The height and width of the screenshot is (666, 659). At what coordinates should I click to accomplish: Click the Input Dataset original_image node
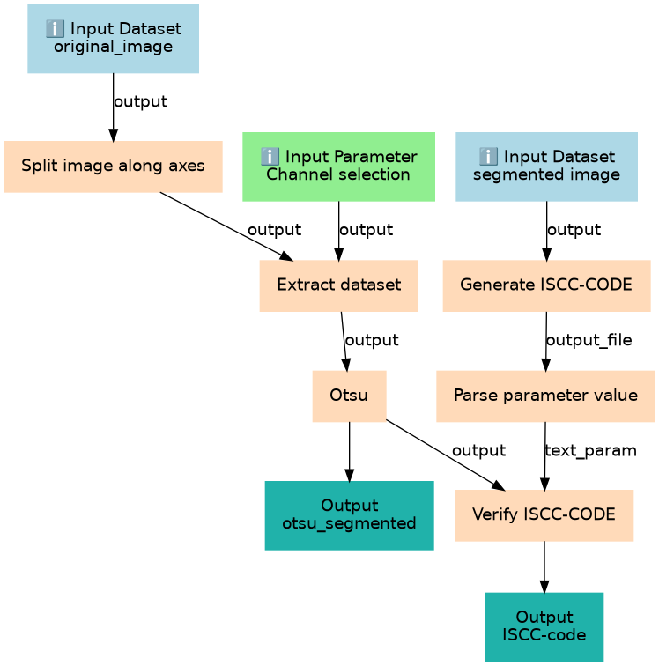[113, 38]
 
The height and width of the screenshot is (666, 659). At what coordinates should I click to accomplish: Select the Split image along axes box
[113, 166]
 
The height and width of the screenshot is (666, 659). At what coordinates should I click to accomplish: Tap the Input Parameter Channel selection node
[338, 166]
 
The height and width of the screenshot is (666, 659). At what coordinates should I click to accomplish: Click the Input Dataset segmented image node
[545, 166]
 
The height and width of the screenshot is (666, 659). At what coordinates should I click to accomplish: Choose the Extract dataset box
[338, 285]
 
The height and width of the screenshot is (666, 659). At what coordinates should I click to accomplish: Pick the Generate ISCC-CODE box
[546, 285]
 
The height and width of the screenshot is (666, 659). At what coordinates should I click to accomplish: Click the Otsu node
[349, 396]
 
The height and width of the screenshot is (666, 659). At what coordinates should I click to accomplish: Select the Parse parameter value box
[545, 396]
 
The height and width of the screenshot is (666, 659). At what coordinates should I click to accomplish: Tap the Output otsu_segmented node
[349, 514]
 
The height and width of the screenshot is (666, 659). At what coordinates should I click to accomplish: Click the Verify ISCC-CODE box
[544, 514]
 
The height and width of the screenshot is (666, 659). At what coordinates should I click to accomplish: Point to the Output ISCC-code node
[544, 625]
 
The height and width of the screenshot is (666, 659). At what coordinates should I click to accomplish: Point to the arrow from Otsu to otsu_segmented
[350, 451]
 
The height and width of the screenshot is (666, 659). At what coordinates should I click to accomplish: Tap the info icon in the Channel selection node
[270, 157]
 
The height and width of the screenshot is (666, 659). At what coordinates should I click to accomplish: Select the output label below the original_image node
[140, 101]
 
